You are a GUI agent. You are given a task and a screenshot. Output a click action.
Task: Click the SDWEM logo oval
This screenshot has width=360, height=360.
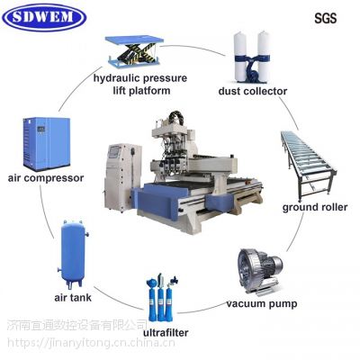point(44,17)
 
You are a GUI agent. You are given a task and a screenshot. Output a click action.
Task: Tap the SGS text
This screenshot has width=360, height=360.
point(326,18)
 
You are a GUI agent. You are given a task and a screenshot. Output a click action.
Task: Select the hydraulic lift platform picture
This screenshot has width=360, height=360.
point(134,52)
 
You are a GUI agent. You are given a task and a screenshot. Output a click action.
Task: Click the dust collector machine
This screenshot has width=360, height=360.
point(251,58)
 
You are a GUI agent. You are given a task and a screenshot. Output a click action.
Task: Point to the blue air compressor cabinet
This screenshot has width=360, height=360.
point(47,144)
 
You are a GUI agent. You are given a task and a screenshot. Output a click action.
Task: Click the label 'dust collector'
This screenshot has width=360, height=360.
point(253,91)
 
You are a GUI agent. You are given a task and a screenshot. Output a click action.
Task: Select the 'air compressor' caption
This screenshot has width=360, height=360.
point(46,178)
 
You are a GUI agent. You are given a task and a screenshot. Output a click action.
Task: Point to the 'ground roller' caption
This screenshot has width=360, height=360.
point(315,207)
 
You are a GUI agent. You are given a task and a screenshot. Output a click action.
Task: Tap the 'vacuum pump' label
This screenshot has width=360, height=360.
point(262,304)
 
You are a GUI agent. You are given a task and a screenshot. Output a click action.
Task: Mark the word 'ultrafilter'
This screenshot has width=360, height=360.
point(166,332)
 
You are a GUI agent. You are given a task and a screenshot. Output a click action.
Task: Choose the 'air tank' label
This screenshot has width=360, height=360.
point(73,298)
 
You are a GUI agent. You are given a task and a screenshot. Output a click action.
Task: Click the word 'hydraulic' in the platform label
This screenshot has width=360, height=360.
point(116,78)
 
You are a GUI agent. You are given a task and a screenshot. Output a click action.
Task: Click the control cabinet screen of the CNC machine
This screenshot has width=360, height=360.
point(113,152)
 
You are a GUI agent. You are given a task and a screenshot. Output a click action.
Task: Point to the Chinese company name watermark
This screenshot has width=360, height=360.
point(77,325)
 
